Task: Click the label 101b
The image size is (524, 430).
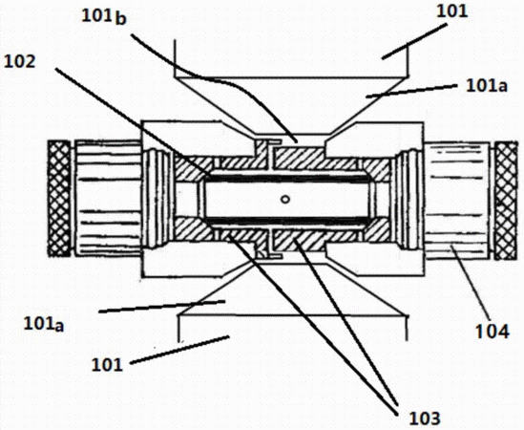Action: coord(104,17)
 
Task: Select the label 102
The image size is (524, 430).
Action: coord(19,62)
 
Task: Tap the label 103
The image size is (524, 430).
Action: coord(425,419)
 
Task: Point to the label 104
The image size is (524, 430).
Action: coord(493,332)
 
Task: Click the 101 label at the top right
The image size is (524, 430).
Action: coord(451,11)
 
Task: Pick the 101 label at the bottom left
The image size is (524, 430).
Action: coord(107,364)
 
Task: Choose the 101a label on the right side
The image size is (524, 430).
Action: coord(487,86)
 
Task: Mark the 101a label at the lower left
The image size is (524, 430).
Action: coord(44,324)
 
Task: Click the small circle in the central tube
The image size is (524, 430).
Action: coord(285,200)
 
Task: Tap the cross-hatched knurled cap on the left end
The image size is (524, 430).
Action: coord(59,199)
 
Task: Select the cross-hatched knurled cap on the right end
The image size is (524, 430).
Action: coord(506,201)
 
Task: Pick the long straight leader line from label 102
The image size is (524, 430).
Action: coord(133,122)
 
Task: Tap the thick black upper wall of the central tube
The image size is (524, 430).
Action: coord(287,177)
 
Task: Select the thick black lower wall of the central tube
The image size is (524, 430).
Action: coord(287,222)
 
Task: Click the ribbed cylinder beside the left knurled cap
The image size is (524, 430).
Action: coord(108,199)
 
